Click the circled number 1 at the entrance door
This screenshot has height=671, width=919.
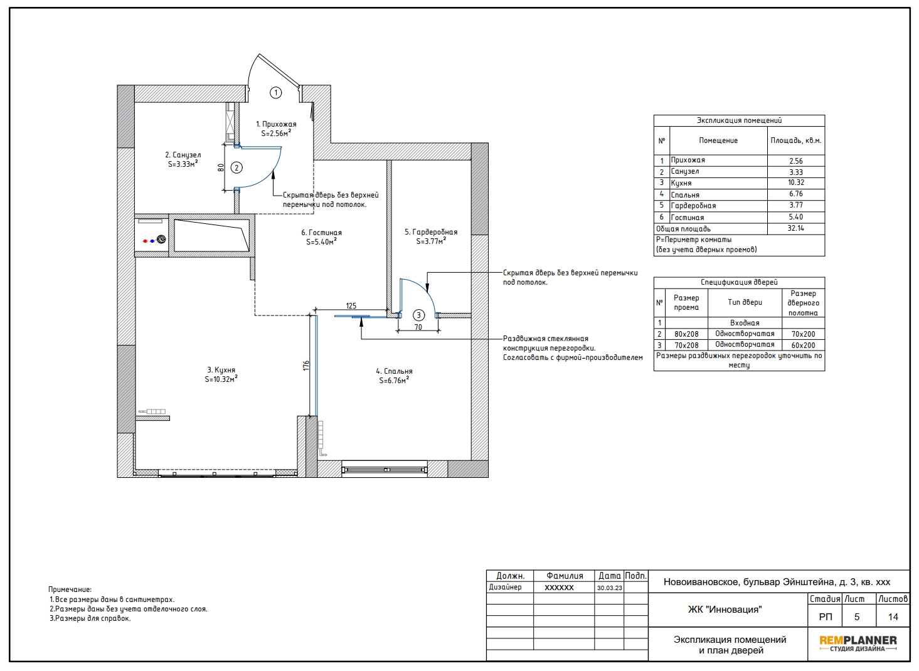click(x=276, y=93)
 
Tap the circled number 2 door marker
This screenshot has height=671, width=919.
click(x=236, y=167)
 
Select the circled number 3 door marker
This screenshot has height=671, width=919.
click(x=418, y=315)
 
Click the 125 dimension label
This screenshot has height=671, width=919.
click(x=351, y=305)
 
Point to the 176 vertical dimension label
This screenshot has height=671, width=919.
click(x=306, y=366)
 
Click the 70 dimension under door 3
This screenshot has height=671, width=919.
click(x=418, y=327)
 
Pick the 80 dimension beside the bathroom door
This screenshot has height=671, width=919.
click(x=221, y=167)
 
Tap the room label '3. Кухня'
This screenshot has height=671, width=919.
click(x=221, y=370)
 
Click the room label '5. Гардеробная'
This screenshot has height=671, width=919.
click(x=431, y=232)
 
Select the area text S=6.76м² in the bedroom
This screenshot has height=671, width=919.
click(x=394, y=381)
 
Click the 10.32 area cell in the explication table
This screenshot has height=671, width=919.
click(x=796, y=182)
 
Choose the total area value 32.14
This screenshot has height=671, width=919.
click(x=795, y=228)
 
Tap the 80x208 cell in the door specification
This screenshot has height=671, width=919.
click(x=686, y=334)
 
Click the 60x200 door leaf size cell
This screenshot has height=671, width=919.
click(x=803, y=346)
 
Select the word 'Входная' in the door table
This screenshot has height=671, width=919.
click(x=745, y=323)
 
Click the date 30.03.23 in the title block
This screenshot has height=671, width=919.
click(x=610, y=588)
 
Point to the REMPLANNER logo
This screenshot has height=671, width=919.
click(x=858, y=643)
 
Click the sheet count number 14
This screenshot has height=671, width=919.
click(x=893, y=617)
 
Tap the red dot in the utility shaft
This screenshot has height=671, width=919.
click(x=145, y=241)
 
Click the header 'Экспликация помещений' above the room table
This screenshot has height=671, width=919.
click(x=739, y=120)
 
